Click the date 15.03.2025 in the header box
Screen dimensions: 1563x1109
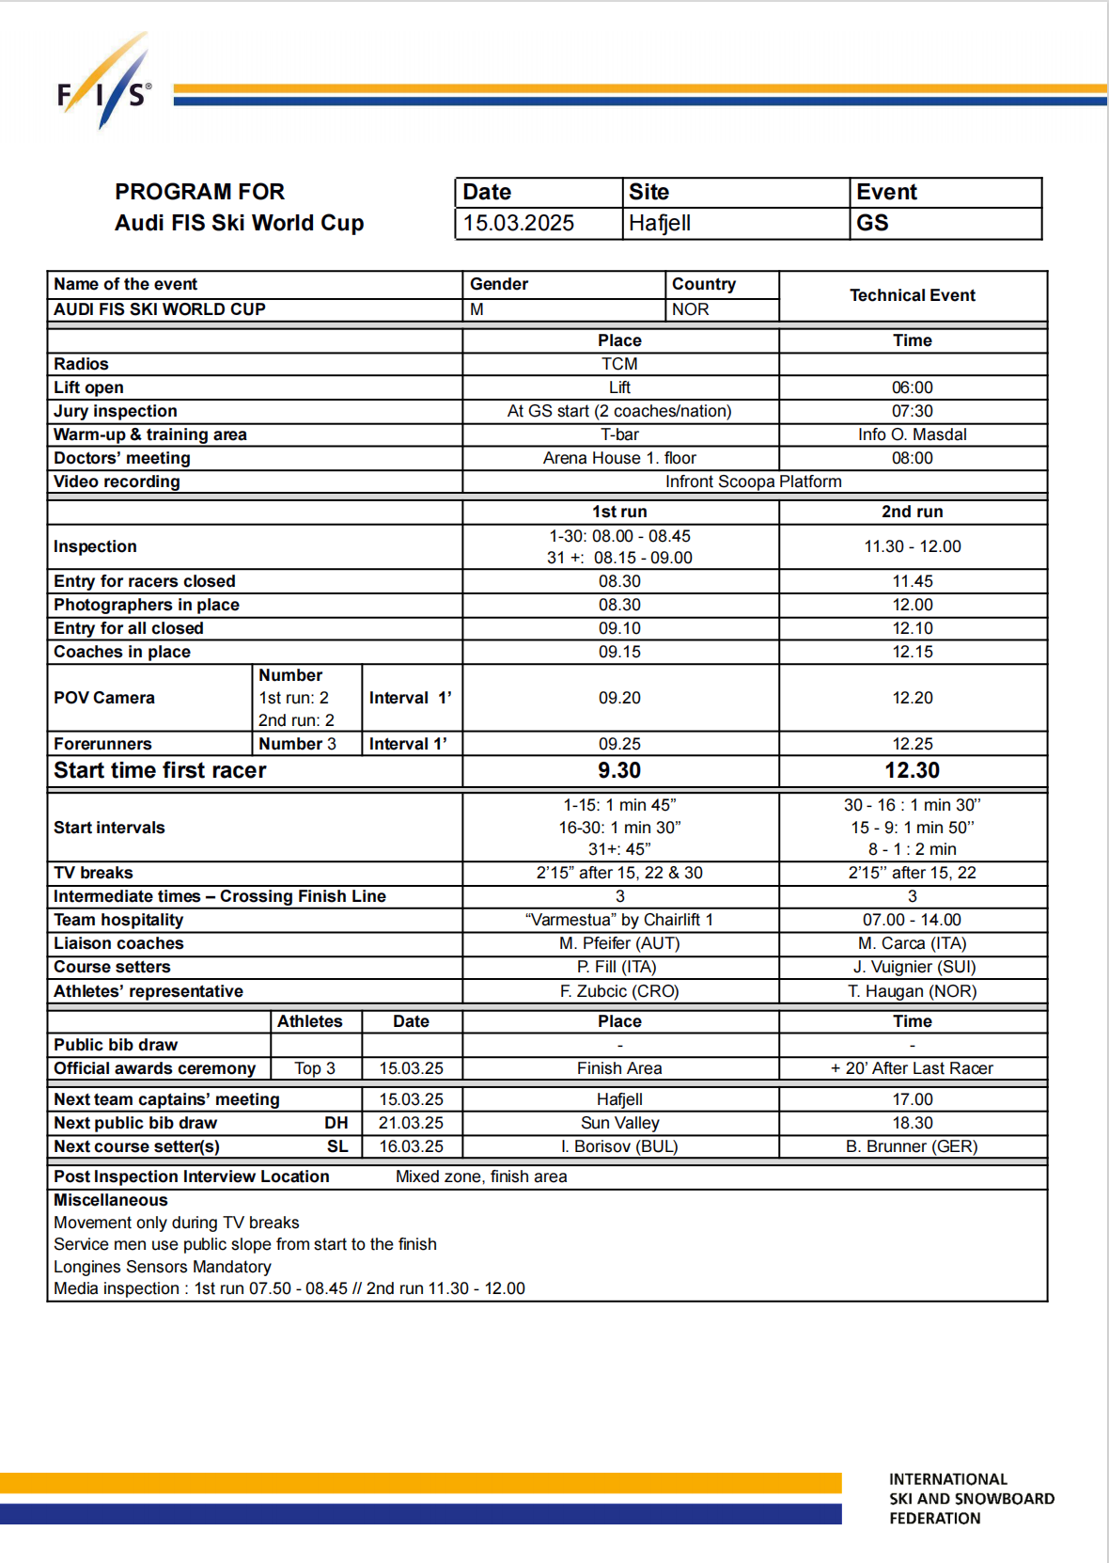tap(519, 223)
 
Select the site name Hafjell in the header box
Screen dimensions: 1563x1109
tap(660, 223)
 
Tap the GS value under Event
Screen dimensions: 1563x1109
tap(872, 223)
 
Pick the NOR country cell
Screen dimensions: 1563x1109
tap(691, 309)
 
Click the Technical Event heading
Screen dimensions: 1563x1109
tap(913, 295)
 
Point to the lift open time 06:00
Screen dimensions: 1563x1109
tap(913, 387)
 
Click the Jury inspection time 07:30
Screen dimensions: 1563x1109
tap(913, 411)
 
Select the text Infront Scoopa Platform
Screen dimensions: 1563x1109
tap(754, 482)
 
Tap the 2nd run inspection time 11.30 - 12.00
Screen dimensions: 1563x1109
tap(913, 546)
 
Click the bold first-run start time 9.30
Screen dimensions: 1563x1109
tap(619, 770)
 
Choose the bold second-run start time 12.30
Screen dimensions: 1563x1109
tap(913, 770)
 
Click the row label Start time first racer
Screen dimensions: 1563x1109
tap(160, 770)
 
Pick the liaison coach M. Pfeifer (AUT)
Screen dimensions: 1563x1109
tap(619, 943)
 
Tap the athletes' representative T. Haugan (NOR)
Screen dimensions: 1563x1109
tap(913, 991)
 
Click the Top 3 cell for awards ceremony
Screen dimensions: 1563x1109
tap(315, 1068)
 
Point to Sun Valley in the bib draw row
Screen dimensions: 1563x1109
tap(620, 1123)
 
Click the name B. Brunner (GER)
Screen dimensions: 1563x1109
tap(912, 1146)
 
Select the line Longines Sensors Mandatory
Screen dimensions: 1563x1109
tap(163, 1267)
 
